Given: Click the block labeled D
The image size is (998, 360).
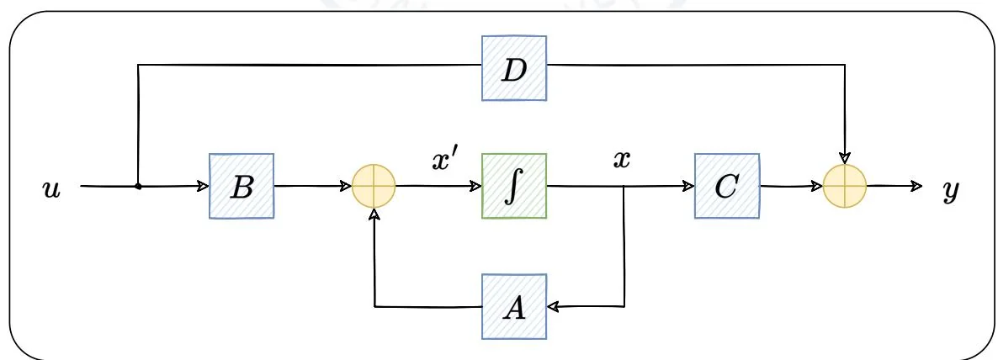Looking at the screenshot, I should click(513, 69).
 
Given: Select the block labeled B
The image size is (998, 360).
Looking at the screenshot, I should click(242, 186).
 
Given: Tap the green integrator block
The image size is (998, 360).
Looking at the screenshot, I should click(513, 186).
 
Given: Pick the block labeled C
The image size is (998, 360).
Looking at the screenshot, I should click(726, 186).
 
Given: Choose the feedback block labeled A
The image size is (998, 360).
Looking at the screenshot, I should click(513, 307).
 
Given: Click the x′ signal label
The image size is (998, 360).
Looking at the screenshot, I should click(444, 161).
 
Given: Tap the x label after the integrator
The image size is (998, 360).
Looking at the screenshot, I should click(621, 160).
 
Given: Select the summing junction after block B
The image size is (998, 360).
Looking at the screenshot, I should click(374, 186).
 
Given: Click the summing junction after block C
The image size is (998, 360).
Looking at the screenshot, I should click(846, 186).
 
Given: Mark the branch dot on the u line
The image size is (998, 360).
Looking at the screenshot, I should click(138, 186).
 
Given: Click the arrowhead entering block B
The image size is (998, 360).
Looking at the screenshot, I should click(204, 186).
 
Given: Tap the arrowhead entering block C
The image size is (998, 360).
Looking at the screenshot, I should click(689, 186).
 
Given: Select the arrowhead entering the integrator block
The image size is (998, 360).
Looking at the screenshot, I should click(476, 186).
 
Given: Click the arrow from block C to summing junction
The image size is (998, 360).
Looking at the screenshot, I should click(791, 186).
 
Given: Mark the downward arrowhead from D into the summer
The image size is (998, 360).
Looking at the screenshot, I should click(846, 158).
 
